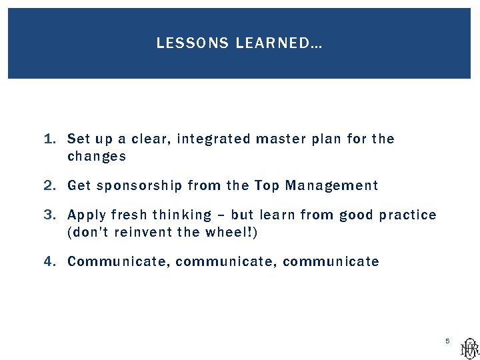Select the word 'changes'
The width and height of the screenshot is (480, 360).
point(97,157)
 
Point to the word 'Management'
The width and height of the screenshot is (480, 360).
point(331,186)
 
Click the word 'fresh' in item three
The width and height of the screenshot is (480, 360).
point(130,215)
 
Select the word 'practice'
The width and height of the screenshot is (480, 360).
point(407,215)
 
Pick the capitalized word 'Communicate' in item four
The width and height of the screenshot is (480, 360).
point(119,261)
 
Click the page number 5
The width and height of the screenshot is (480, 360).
point(448,341)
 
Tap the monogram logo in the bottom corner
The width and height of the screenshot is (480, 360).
point(469,347)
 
